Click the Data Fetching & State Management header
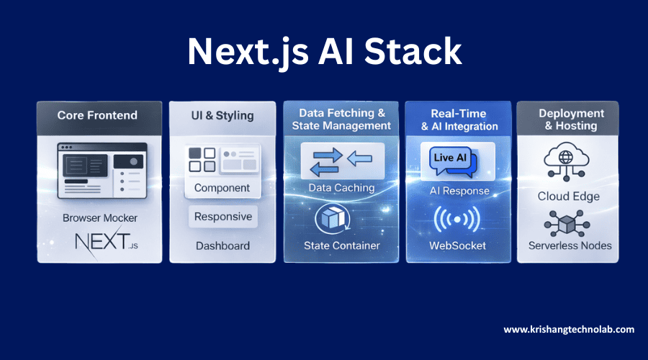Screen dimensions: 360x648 tap(341, 119)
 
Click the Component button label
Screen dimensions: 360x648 tap(222, 188)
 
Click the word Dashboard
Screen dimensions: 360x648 tap(222, 246)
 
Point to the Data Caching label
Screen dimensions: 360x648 tap(341, 188)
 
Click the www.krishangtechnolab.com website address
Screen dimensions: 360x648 tap(569, 329)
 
